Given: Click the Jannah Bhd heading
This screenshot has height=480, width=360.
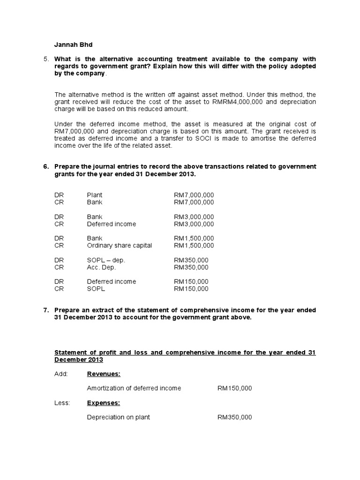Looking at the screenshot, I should pyautogui.click(x=74, y=45).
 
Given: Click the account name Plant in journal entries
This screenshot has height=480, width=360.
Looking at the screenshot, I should pyautogui.click(x=95, y=195).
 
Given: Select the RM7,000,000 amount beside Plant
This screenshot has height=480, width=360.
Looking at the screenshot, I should pyautogui.click(x=194, y=195).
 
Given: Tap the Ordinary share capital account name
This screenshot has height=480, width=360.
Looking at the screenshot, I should pyautogui.click(x=120, y=246).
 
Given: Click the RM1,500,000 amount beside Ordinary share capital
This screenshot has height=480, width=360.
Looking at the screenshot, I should pyautogui.click(x=194, y=246).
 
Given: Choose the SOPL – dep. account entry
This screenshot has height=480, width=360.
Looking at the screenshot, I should pyautogui.click(x=106, y=260).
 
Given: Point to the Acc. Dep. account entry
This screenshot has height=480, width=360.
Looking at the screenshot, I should pyautogui.click(x=101, y=267).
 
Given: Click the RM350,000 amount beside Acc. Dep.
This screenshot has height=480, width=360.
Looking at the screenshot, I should pyautogui.click(x=191, y=267).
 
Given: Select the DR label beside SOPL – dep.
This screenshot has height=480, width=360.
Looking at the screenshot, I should pyautogui.click(x=59, y=260).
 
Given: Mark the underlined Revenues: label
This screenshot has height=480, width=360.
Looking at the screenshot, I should pyautogui.click(x=104, y=374).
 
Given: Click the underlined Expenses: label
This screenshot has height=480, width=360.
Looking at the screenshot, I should pyautogui.click(x=104, y=403).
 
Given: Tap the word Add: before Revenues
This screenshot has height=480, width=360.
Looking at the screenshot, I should pyautogui.click(x=61, y=374).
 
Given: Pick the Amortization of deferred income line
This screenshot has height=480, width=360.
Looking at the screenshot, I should pyautogui.click(x=134, y=389).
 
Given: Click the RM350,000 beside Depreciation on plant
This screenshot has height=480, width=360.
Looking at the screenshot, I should pyautogui.click(x=234, y=417).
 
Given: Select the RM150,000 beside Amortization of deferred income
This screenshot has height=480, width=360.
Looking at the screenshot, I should pyautogui.click(x=234, y=389).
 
